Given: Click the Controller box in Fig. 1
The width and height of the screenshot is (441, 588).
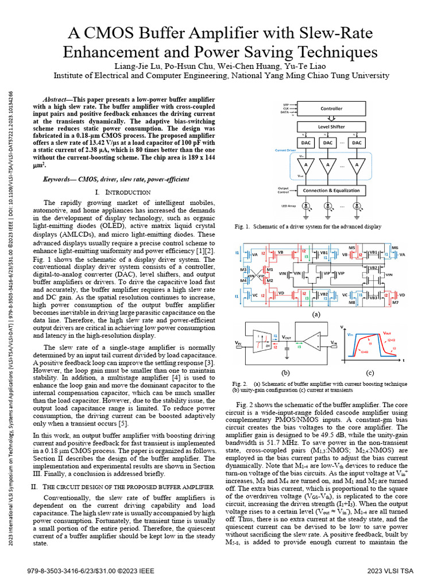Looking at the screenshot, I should point(331,108).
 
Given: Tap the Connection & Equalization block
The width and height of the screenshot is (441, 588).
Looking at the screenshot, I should point(331,190).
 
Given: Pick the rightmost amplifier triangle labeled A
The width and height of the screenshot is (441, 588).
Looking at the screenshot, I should point(357,165).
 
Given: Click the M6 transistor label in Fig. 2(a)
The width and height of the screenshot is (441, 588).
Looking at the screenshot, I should point(394,247).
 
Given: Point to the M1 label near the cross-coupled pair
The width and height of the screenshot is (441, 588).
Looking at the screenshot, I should point(269,269).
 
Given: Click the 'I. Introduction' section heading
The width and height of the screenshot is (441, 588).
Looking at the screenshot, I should point(123,192).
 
